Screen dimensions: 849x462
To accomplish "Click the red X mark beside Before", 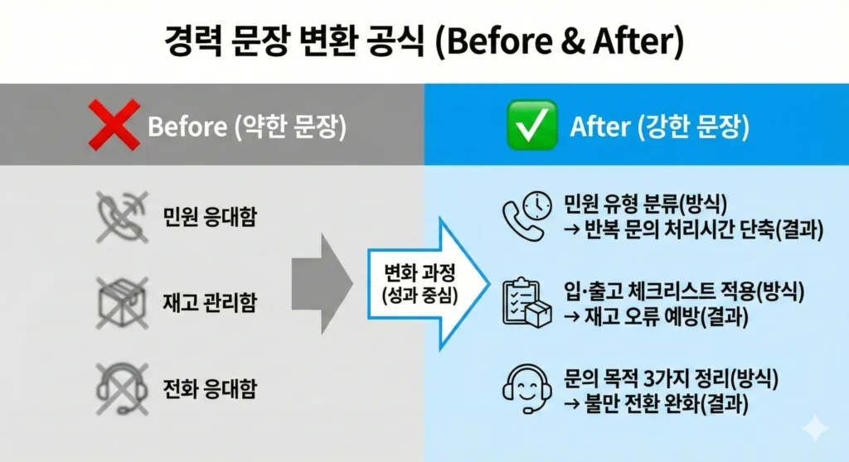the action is coord(114,126).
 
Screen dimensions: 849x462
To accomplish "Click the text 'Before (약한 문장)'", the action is coord(246,127).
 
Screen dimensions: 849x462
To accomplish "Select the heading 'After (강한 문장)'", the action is coord(659,127).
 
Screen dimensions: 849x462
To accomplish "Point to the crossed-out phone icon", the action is coord(123,216).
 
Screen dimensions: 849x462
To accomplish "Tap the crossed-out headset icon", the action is coord(123,387).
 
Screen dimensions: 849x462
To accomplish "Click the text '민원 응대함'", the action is coord(209,218).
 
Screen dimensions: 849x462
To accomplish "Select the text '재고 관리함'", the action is coord(209,303).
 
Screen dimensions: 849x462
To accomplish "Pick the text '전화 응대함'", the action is coord(209,387).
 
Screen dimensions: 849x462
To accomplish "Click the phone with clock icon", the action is coord(526,216).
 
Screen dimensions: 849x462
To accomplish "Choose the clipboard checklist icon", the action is coord(526,303).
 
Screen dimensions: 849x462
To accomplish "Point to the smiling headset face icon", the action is coord(526,387).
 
